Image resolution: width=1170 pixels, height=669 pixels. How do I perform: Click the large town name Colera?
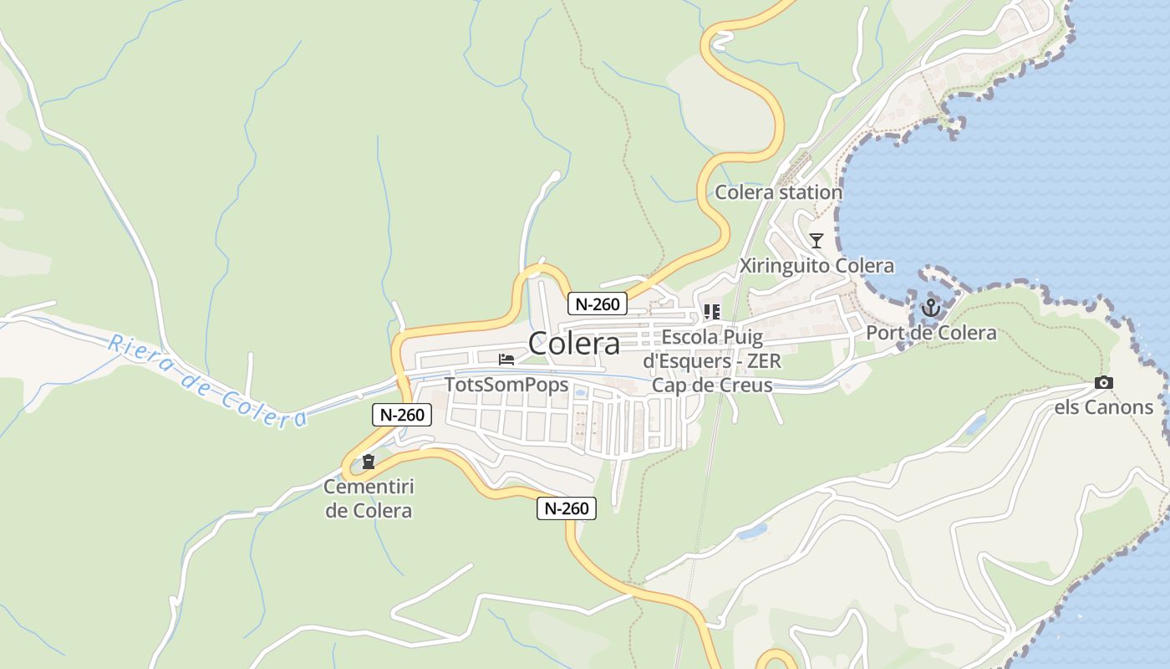click(x=574, y=343)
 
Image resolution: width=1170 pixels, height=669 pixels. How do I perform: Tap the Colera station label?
click(x=778, y=192)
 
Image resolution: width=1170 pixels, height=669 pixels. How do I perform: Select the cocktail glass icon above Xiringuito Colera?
click(x=816, y=241)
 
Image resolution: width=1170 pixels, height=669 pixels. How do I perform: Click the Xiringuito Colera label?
click(x=816, y=266)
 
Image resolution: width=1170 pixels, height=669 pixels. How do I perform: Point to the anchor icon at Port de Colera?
click(x=930, y=308)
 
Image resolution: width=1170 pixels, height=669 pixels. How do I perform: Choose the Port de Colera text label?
click(x=931, y=333)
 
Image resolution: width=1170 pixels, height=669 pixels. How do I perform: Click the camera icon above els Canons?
click(x=1104, y=383)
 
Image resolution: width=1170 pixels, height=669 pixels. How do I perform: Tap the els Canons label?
click(x=1104, y=407)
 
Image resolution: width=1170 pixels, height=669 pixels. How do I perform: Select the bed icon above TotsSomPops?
click(x=506, y=360)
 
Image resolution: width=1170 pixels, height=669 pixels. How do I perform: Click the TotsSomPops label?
click(x=506, y=385)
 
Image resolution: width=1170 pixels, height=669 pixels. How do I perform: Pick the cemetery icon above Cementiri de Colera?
click(x=368, y=462)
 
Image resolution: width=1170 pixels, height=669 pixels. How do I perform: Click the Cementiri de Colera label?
click(x=369, y=498)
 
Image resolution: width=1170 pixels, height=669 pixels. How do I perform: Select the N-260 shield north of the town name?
click(x=597, y=304)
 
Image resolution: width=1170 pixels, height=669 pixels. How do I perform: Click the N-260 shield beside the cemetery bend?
click(x=401, y=414)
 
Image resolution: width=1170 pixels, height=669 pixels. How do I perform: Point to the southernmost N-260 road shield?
click(x=566, y=508)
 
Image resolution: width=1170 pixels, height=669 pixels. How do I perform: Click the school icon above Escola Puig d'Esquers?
click(x=711, y=312)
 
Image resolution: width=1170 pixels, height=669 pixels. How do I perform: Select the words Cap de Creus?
click(x=711, y=385)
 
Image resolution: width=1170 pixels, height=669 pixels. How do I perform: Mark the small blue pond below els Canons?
click(x=974, y=425)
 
